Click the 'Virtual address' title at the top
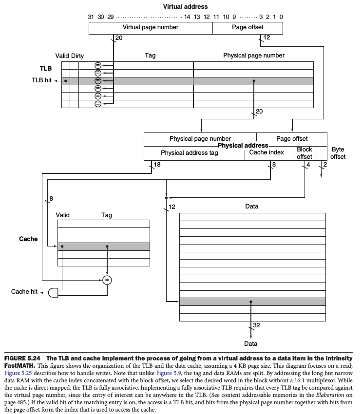coord(185,7)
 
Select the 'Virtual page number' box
coord(150,28)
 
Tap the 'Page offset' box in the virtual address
coord(248,28)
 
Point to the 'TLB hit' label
coord(41,81)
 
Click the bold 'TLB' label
coord(46,69)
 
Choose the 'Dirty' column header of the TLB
coord(77,56)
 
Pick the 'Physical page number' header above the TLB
coord(253,56)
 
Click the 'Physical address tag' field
coord(190,153)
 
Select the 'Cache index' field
coord(267,152)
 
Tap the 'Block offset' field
coord(305,153)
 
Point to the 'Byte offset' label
coord(338,153)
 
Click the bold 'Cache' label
coord(28,239)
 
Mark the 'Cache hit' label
coord(24,292)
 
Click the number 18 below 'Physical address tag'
coord(157,165)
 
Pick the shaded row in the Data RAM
coord(252,302)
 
